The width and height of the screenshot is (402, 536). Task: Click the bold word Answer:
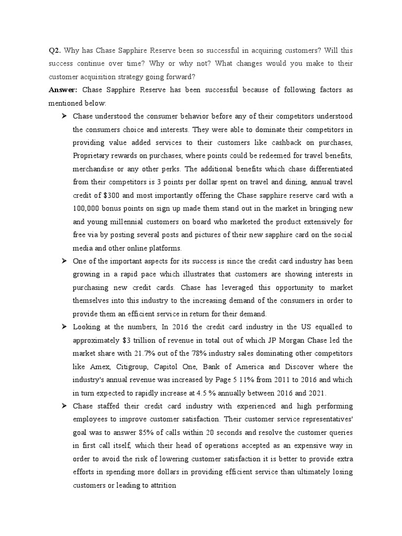(63, 90)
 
